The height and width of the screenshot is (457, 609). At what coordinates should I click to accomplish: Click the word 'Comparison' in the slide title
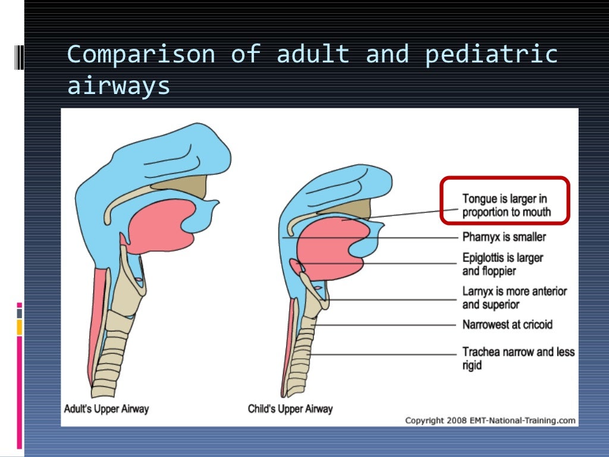140,54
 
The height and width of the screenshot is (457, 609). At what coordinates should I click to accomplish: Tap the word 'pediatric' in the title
491,54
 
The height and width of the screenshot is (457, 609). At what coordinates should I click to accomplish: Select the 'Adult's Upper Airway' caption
106,409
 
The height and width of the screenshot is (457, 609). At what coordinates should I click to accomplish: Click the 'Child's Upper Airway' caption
290,409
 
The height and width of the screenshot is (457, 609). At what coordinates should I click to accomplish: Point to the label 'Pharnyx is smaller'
504,237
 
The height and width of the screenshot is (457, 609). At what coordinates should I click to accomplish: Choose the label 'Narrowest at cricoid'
507,324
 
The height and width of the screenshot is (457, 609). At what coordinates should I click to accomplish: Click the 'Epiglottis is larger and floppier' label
503,264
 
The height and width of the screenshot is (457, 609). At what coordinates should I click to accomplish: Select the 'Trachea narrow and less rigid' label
518,358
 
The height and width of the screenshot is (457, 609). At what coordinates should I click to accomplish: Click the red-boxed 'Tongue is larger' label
506,205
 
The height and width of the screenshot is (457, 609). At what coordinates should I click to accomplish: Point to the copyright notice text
490,420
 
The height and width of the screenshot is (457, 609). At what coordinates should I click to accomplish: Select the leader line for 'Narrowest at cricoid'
387,325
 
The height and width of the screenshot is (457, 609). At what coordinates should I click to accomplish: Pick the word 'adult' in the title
313,54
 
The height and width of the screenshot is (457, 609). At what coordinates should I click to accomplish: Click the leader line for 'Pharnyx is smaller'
369,238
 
